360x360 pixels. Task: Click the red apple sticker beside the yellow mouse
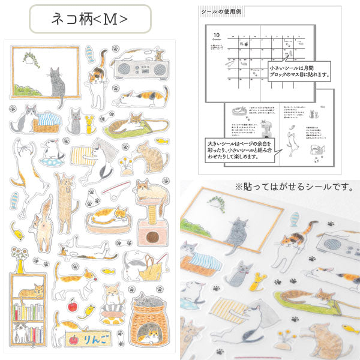(72, 304)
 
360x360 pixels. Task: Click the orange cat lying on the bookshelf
(31, 292)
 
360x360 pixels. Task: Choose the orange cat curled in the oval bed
(112, 214)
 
